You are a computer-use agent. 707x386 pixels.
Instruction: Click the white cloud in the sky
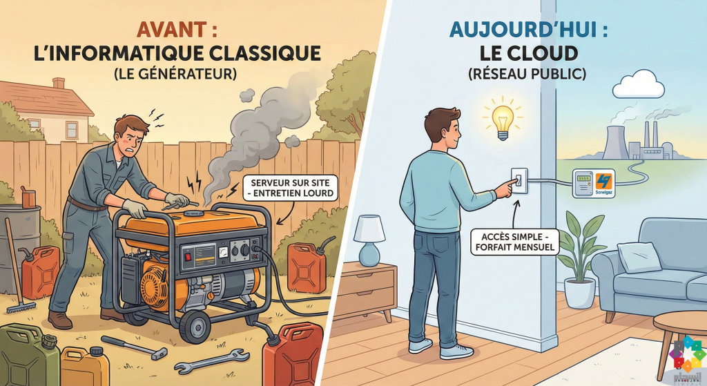[x=639, y=87]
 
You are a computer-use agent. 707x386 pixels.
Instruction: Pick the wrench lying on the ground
[x=207, y=364]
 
